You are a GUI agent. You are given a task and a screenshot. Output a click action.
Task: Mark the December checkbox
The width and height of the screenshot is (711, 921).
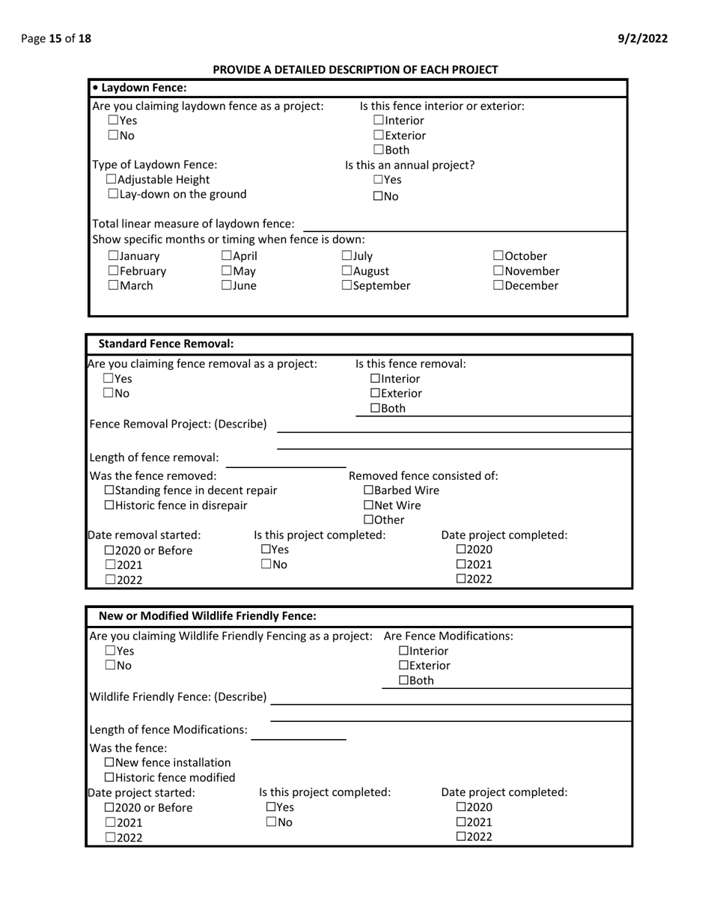pyautogui.click(x=498, y=286)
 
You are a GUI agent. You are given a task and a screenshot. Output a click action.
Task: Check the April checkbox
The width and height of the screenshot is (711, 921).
pyautogui.click(x=227, y=256)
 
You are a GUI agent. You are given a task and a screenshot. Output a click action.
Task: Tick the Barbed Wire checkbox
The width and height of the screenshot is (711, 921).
pyautogui.click(x=369, y=490)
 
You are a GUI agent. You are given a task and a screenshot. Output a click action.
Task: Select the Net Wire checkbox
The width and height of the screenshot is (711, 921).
pyautogui.click(x=369, y=505)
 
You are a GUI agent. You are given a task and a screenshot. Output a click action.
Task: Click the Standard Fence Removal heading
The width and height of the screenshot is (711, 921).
pyautogui.click(x=166, y=344)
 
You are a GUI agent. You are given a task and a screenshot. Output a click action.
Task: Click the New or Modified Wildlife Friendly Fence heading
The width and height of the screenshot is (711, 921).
pyautogui.click(x=207, y=616)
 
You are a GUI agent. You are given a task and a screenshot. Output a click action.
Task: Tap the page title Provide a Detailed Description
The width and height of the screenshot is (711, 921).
pyautogui.click(x=355, y=70)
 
